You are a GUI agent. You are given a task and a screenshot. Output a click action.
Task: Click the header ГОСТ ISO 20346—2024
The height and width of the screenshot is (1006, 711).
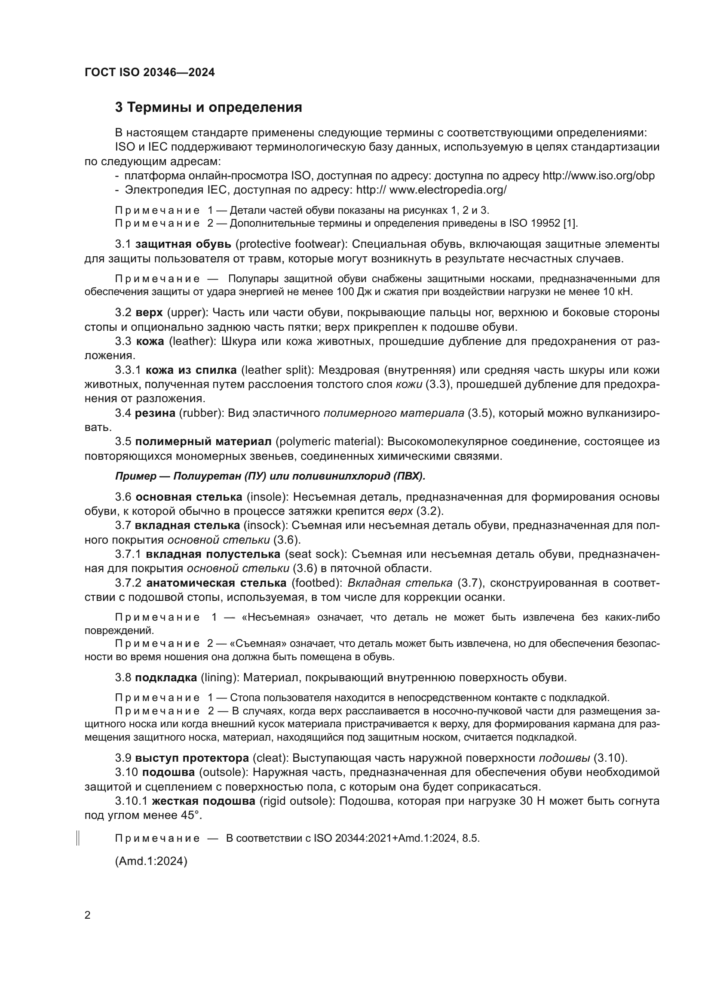pyautogui.click(x=149, y=73)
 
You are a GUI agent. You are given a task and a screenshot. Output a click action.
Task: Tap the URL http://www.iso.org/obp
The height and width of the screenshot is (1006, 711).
pyautogui.click(x=598, y=176)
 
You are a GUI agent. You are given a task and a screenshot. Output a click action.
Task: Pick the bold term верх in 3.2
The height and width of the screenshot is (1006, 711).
pyautogui.click(x=149, y=313)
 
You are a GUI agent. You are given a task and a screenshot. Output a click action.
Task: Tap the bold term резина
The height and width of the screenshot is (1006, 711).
pyautogui.click(x=155, y=413)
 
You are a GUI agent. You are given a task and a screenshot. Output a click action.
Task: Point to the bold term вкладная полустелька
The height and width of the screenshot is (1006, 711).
pyautogui.click(x=213, y=554)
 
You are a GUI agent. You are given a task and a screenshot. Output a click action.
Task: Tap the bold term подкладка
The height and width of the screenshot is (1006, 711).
pyautogui.click(x=166, y=678)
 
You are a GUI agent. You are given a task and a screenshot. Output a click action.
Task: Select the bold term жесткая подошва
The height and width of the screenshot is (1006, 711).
pyautogui.click(x=204, y=801)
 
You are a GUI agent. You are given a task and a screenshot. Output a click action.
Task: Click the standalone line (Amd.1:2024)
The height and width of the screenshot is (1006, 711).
pyautogui.click(x=151, y=861)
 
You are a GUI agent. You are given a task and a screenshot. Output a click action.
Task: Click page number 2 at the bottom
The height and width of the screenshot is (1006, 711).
pyautogui.click(x=88, y=915)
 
